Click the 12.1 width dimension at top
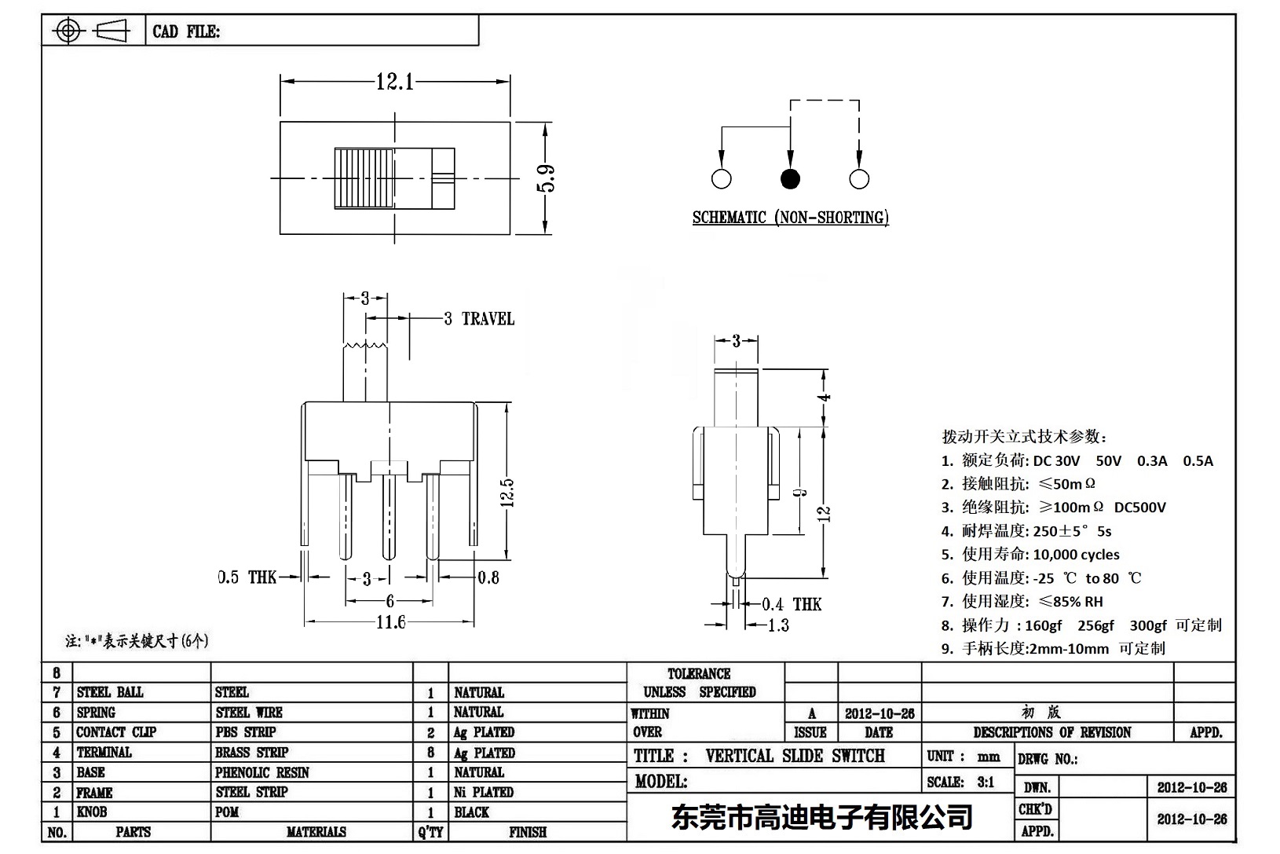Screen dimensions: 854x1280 395,81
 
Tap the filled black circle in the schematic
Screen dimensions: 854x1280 790,179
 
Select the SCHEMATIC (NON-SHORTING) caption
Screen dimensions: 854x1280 790,218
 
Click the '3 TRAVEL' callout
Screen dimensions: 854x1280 479,319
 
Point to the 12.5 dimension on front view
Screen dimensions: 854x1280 507,493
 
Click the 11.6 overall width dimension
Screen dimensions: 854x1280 390,622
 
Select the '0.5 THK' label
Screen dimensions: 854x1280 247,577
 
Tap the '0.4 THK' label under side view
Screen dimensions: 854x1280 792,604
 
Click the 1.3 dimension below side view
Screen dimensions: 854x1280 777,625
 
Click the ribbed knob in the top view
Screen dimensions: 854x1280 364,178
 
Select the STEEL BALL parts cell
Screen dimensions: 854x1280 110,692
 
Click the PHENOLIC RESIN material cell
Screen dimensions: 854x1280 262,772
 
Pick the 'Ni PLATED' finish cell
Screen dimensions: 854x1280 484,792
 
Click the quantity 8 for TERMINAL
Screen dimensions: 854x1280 430,753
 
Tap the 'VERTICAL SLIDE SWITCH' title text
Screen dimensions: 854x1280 795,756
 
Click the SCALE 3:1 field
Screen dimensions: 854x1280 960,782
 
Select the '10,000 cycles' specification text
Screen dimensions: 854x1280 1076,555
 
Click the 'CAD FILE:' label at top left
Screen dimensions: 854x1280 186,31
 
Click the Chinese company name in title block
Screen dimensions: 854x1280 821,817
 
